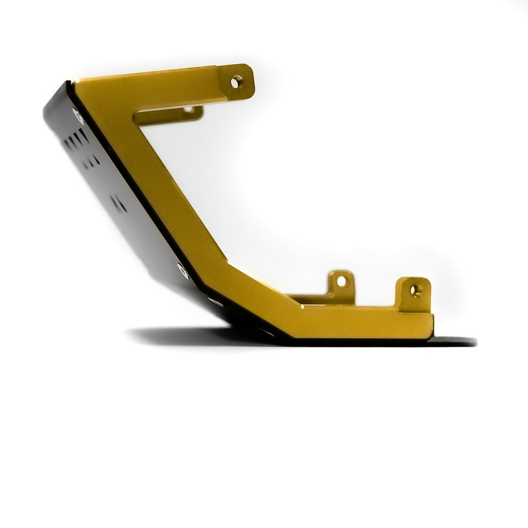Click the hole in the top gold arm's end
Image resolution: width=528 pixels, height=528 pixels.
[x=236, y=81]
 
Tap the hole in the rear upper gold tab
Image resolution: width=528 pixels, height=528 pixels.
[x=188, y=109]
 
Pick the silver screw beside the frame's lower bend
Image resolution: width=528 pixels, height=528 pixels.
[x=182, y=268]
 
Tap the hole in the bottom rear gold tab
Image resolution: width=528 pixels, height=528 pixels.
[x=341, y=281]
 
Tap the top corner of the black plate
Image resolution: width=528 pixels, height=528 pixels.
[x=65, y=84]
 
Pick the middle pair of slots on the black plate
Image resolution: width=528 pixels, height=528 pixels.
[x=93, y=159]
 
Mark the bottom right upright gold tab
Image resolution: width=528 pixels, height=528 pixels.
[x=414, y=294]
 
